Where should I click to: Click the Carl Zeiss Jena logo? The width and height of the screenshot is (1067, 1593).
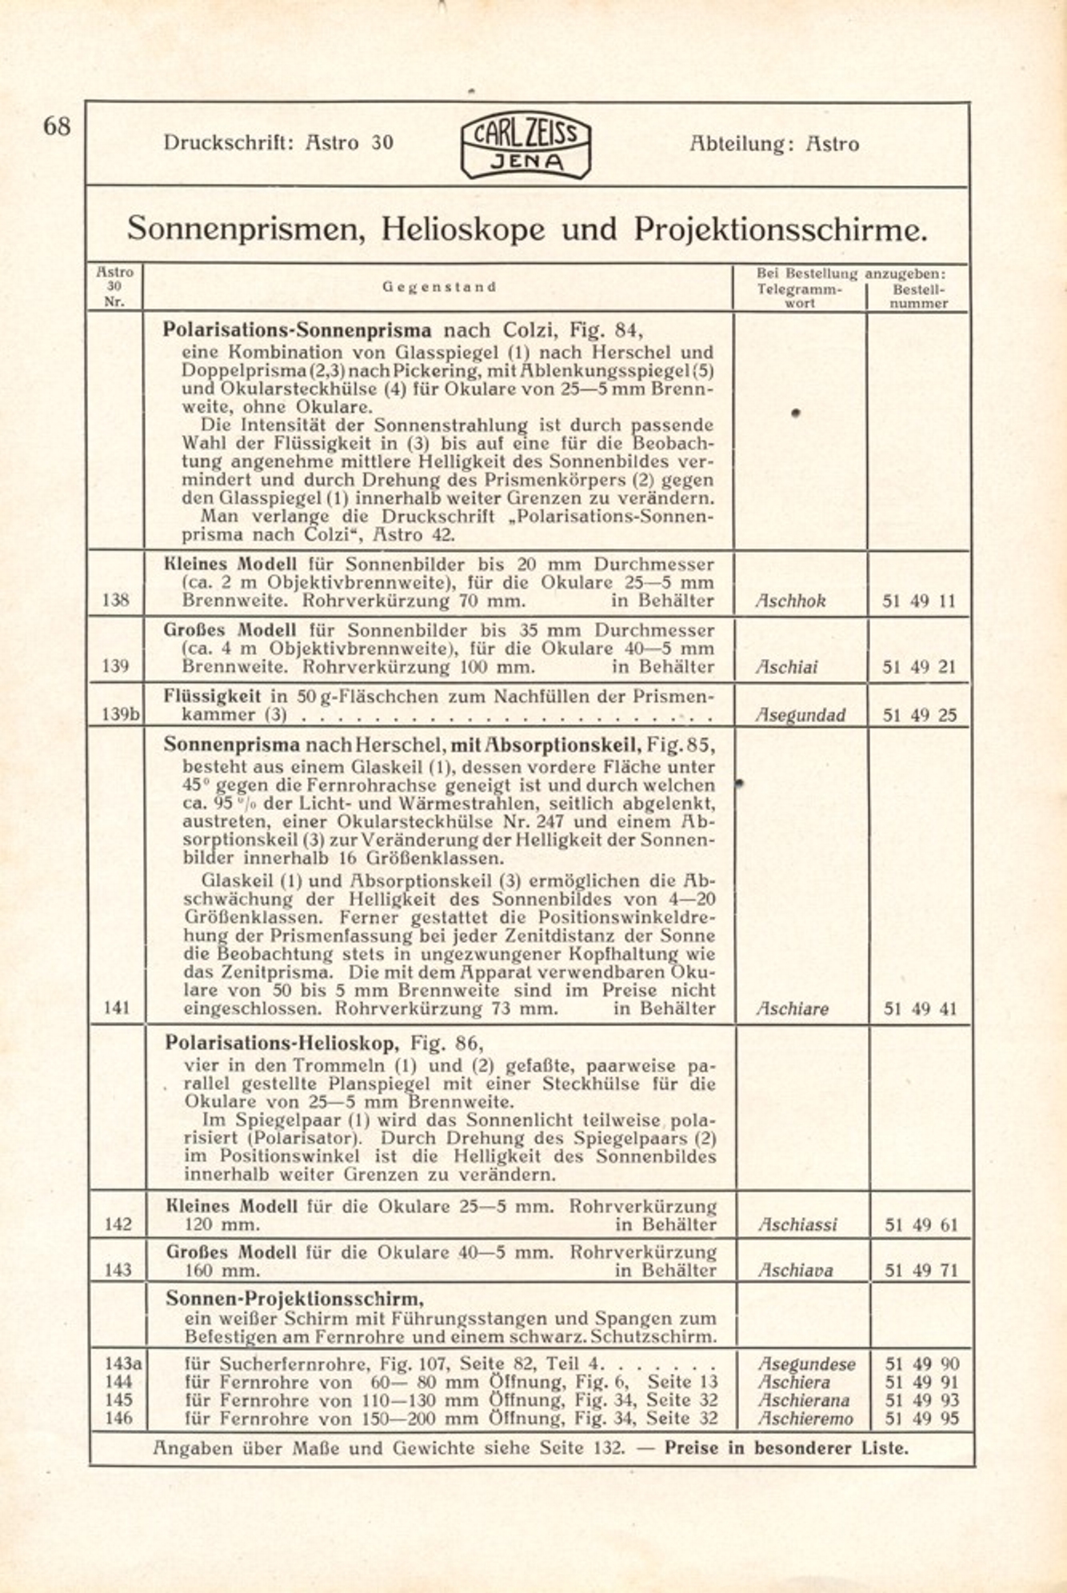(526, 145)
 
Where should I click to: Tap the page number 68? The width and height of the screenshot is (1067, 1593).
(57, 126)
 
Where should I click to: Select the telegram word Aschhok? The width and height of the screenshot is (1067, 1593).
(790, 601)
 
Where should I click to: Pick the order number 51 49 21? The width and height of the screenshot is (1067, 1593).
(919, 667)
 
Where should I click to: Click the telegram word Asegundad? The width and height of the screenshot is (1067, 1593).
(800, 715)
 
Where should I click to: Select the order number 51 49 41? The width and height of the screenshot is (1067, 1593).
(920, 1009)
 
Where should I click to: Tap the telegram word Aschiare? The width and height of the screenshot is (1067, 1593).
(793, 1009)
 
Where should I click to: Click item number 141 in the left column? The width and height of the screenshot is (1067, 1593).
(117, 1009)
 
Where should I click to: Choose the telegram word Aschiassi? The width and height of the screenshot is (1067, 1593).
(797, 1224)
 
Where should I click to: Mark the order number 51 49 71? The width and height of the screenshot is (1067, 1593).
(921, 1270)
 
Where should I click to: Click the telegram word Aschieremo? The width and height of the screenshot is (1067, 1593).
(805, 1419)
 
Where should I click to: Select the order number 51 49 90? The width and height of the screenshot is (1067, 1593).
(921, 1364)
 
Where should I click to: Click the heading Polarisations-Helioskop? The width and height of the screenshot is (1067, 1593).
(281, 1043)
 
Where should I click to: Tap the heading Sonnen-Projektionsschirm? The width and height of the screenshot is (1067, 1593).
(294, 1297)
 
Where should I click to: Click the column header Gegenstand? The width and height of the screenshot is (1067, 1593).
(439, 287)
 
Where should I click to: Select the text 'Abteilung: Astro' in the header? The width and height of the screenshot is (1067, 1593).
(773, 144)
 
